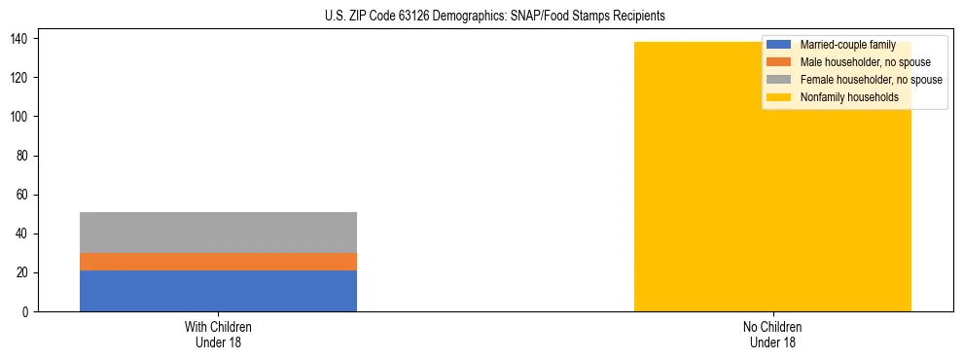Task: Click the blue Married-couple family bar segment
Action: click(218, 291)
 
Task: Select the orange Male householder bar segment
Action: click(218, 262)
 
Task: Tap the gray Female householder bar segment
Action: click(218, 233)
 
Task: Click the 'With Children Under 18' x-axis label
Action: click(218, 334)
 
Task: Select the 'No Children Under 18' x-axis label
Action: click(772, 334)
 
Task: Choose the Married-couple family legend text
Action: click(848, 45)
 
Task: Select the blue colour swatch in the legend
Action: click(779, 45)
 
